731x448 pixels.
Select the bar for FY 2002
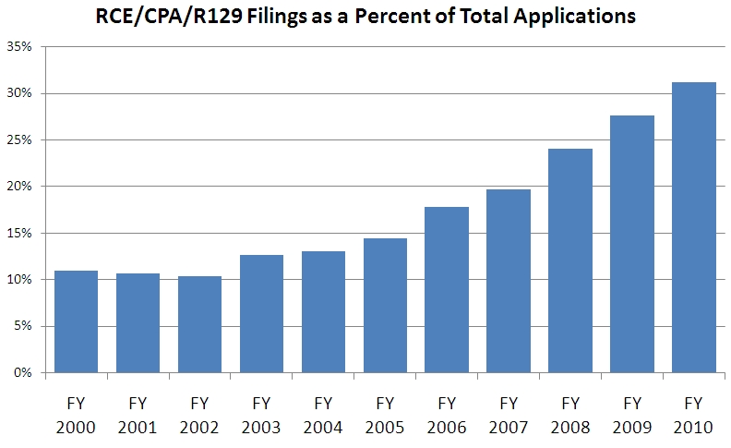click(x=199, y=324)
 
